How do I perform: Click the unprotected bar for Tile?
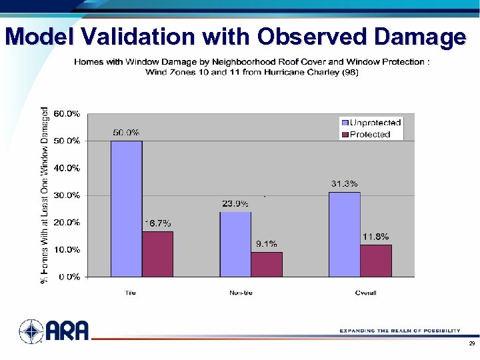tap(126, 208)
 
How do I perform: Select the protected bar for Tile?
tap(157, 253)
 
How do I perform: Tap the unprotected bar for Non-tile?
tap(235, 244)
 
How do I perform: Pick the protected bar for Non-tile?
tap(267, 264)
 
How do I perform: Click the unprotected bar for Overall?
tap(344, 234)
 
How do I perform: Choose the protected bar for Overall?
tap(376, 260)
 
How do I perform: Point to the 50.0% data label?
tap(125, 133)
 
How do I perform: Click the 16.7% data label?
tap(158, 223)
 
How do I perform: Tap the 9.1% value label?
tap(267, 243)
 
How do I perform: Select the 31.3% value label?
tap(345, 183)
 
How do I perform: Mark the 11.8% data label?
tap(376, 236)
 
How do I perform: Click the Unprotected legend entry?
tap(371, 123)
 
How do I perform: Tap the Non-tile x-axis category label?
tap(241, 293)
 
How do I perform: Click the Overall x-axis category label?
tap(365, 293)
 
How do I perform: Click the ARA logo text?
tap(67, 330)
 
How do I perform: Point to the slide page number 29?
tap(471, 343)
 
